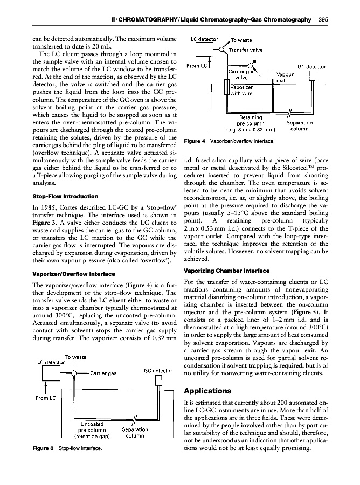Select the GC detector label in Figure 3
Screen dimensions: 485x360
[158, 371]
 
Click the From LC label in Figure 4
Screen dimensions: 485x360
[193, 66]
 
